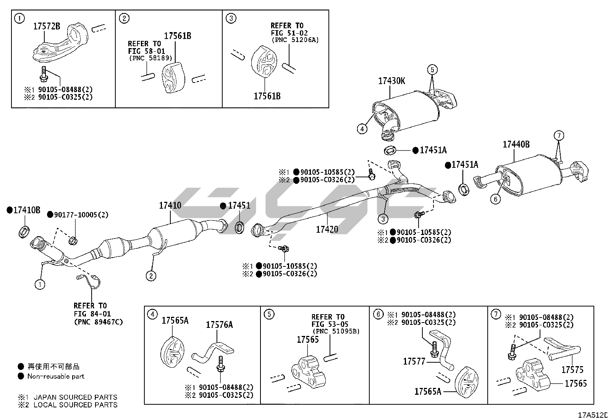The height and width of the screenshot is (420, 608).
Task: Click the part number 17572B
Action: pos(47,26)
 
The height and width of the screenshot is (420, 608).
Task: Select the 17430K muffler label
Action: pos(391,81)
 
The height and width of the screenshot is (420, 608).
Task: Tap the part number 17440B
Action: pos(516,144)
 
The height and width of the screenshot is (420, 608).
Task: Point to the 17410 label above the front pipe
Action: pos(170,206)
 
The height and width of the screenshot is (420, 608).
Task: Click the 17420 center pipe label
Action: pos(327,229)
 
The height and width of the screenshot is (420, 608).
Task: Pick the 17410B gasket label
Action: pos(26,210)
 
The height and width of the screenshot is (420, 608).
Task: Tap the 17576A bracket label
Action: pos(219,325)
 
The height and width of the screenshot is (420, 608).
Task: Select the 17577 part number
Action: pos(414,361)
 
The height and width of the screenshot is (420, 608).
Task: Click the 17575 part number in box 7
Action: pos(572,370)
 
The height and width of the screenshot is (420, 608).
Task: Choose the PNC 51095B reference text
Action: pos(336,331)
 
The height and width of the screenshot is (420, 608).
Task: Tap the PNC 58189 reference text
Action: pos(150,58)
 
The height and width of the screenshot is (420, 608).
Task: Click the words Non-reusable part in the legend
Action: pos(56,376)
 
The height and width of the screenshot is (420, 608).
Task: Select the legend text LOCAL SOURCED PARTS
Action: pos(76,405)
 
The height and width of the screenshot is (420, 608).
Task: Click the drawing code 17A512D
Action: pos(592,415)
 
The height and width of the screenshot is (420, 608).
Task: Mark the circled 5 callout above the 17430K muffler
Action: pos(432,70)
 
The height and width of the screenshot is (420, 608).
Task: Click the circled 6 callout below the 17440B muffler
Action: pos(495,199)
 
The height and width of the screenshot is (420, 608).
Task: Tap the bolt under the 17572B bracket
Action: pos(44,73)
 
